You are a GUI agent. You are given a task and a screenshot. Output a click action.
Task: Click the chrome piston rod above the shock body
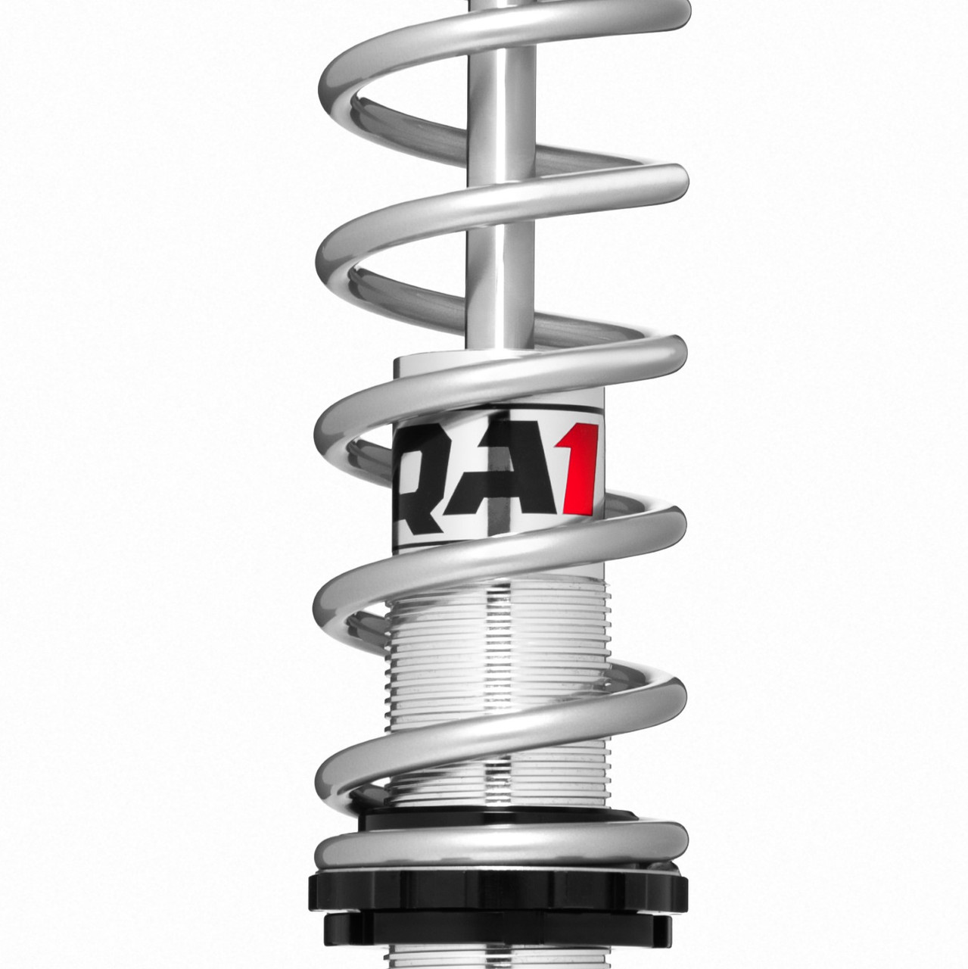pos(496,227)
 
